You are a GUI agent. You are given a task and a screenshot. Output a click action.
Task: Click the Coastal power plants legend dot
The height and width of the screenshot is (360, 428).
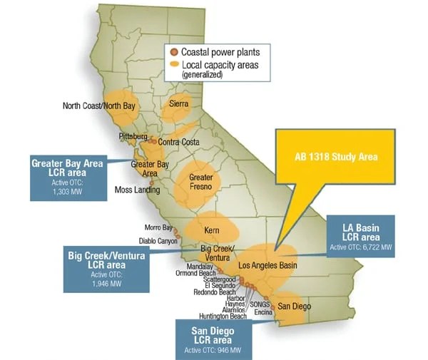174,52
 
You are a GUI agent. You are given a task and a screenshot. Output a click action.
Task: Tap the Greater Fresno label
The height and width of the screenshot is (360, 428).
200,182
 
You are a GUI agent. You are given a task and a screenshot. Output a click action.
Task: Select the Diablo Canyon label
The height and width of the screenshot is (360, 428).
158,241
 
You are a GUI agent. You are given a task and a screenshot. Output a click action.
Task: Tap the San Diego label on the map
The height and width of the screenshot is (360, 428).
295,306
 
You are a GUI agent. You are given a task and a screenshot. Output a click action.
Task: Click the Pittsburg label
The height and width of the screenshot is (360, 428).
133,136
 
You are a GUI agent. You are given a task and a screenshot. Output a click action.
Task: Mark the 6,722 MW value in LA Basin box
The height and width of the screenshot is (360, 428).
372,247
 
